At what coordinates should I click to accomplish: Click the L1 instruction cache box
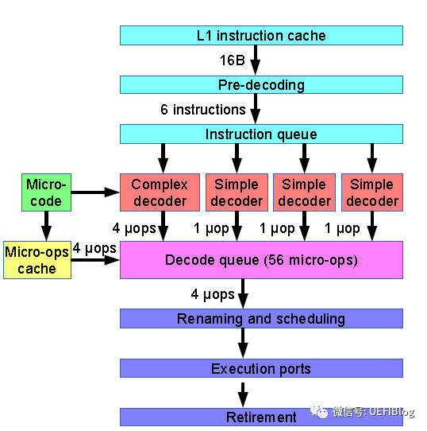(261, 36)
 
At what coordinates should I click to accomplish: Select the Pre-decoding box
(261, 84)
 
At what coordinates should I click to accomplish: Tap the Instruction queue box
(261, 134)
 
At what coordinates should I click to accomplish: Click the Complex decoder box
(160, 192)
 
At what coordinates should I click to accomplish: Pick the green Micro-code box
(46, 192)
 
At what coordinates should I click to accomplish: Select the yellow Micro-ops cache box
(37, 260)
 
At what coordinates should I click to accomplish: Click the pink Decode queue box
(261, 260)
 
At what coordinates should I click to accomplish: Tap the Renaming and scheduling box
(261, 319)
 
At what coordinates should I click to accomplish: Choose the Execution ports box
(261, 368)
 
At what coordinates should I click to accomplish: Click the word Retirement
(261, 417)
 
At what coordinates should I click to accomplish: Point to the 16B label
(233, 60)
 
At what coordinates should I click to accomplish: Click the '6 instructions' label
(203, 110)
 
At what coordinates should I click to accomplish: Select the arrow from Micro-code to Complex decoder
(95, 192)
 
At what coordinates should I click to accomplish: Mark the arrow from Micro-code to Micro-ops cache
(46, 226)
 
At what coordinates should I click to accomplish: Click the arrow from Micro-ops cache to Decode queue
(95, 260)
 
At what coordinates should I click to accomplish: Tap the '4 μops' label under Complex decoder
(134, 228)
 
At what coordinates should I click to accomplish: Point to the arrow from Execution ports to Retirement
(243, 394)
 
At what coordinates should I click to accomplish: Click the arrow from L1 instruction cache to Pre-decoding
(256, 60)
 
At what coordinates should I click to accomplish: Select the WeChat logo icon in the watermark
(319, 412)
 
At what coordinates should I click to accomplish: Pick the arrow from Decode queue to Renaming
(243, 294)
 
